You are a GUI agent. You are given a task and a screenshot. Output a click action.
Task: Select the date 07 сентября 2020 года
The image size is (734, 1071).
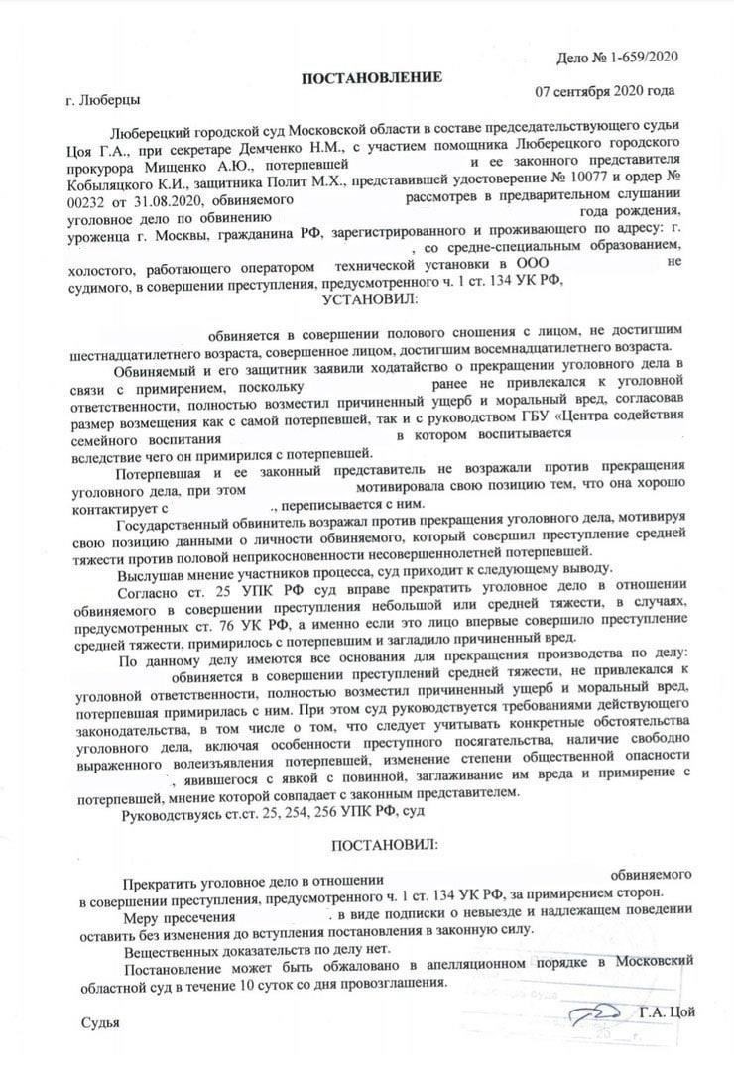605,91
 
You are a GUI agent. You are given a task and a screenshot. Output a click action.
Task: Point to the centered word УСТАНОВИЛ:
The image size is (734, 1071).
368,298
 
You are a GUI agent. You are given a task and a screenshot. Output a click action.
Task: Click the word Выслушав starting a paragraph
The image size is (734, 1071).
151,576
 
